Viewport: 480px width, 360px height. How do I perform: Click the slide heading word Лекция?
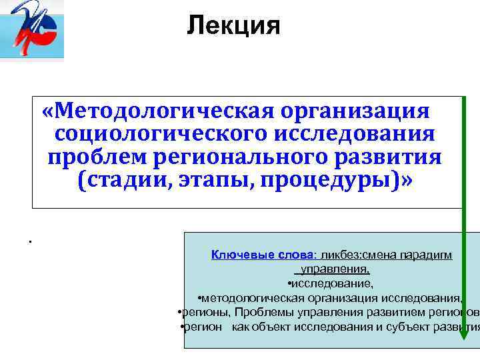pyautogui.click(x=233, y=26)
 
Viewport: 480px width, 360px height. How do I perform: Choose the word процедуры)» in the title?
pyautogui.click(x=337, y=182)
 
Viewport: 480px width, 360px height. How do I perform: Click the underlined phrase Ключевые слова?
pyautogui.click(x=263, y=255)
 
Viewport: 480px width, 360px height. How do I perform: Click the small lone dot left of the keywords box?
pyautogui.click(x=31, y=241)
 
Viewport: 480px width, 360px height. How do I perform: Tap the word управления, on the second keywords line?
pyautogui.click(x=334, y=269)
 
